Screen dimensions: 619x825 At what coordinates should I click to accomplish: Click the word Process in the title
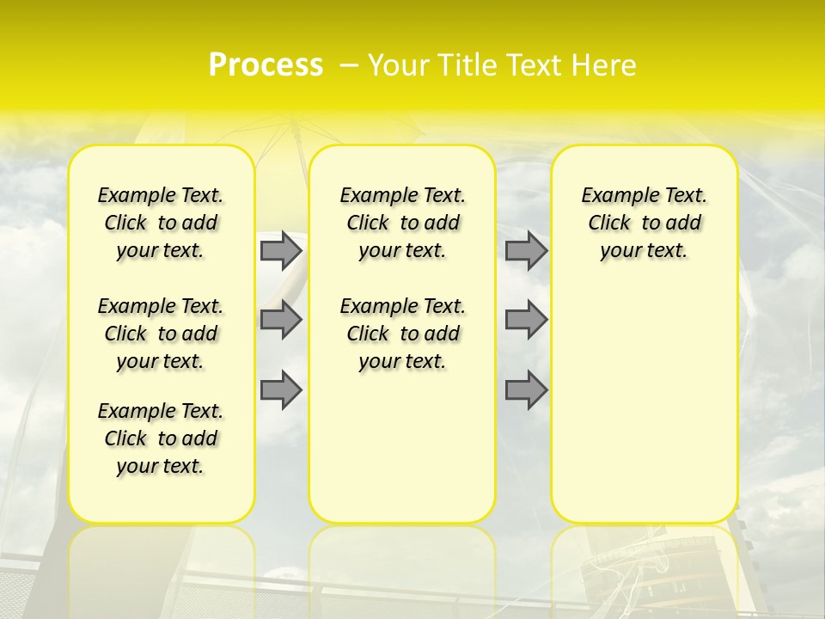(x=266, y=65)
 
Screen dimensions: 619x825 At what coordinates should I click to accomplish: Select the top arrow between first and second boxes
(x=281, y=250)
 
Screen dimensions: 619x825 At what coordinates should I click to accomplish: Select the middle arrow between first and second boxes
(x=281, y=320)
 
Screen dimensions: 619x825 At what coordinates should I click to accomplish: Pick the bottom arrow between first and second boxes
(x=281, y=390)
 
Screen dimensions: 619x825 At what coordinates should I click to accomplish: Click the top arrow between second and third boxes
(x=526, y=250)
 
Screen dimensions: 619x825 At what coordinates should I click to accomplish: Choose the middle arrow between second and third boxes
(x=526, y=320)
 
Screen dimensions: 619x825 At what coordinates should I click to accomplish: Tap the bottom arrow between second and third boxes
(x=526, y=390)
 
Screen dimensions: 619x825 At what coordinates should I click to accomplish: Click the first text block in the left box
(x=161, y=223)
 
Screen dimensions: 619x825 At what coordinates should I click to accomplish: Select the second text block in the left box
(x=161, y=334)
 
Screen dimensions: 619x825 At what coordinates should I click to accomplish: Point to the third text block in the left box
(x=161, y=438)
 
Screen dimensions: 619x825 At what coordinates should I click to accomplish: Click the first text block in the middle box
(x=402, y=223)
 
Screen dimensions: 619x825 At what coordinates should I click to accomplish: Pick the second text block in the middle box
(x=402, y=334)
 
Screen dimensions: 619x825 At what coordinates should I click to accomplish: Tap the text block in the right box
(x=644, y=223)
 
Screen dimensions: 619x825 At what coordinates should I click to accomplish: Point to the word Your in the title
(x=393, y=65)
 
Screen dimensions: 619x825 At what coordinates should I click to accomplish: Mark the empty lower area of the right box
(x=644, y=404)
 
